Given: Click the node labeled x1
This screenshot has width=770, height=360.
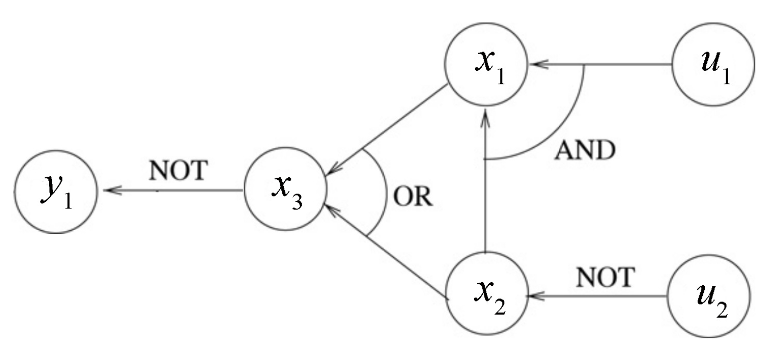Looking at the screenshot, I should (485, 66).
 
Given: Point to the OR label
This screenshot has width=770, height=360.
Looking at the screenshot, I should (413, 198).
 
